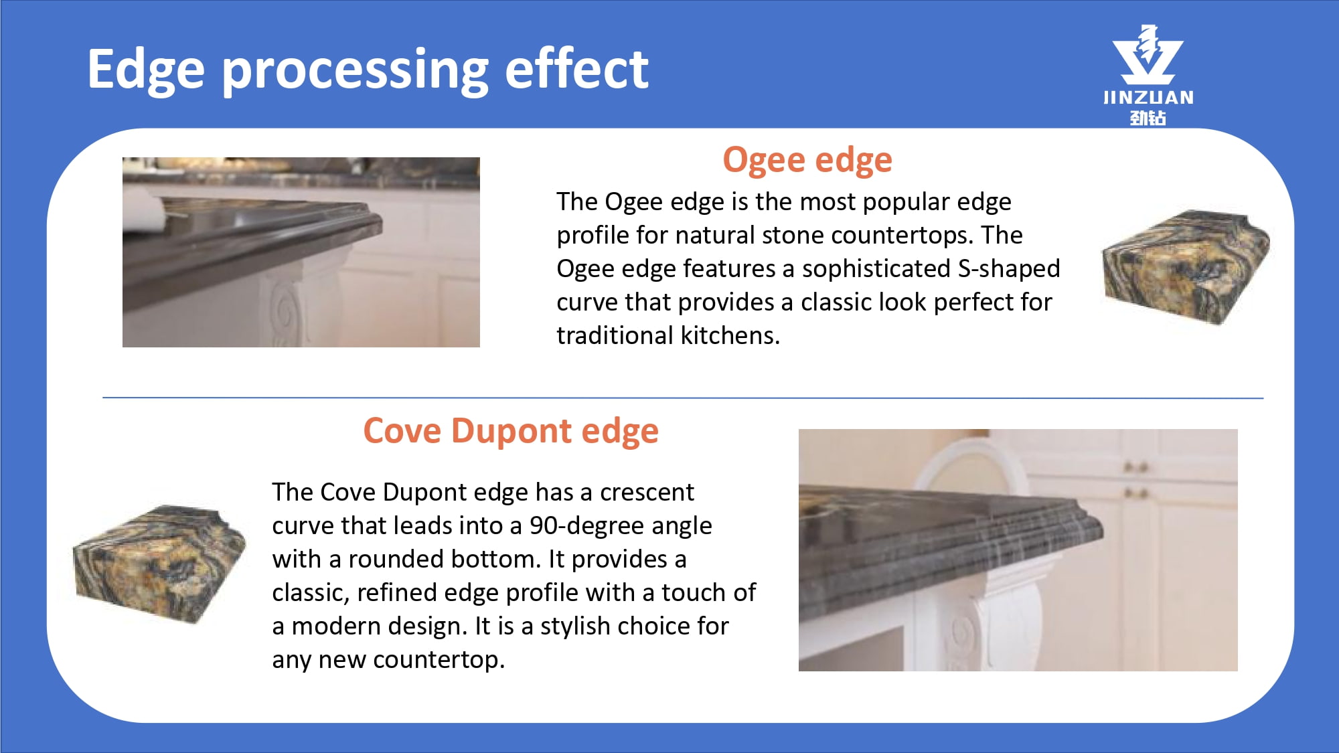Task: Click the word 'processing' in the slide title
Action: (356, 70)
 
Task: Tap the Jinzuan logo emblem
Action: (1148, 55)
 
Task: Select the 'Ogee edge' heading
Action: (807, 161)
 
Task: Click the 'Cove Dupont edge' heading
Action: (511, 430)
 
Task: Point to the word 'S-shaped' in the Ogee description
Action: (1009, 268)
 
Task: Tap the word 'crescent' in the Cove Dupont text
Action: (647, 492)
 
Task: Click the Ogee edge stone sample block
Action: (1186, 267)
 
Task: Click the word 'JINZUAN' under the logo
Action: (1148, 98)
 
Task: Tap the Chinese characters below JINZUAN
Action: (1148, 118)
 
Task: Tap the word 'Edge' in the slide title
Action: (146, 70)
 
